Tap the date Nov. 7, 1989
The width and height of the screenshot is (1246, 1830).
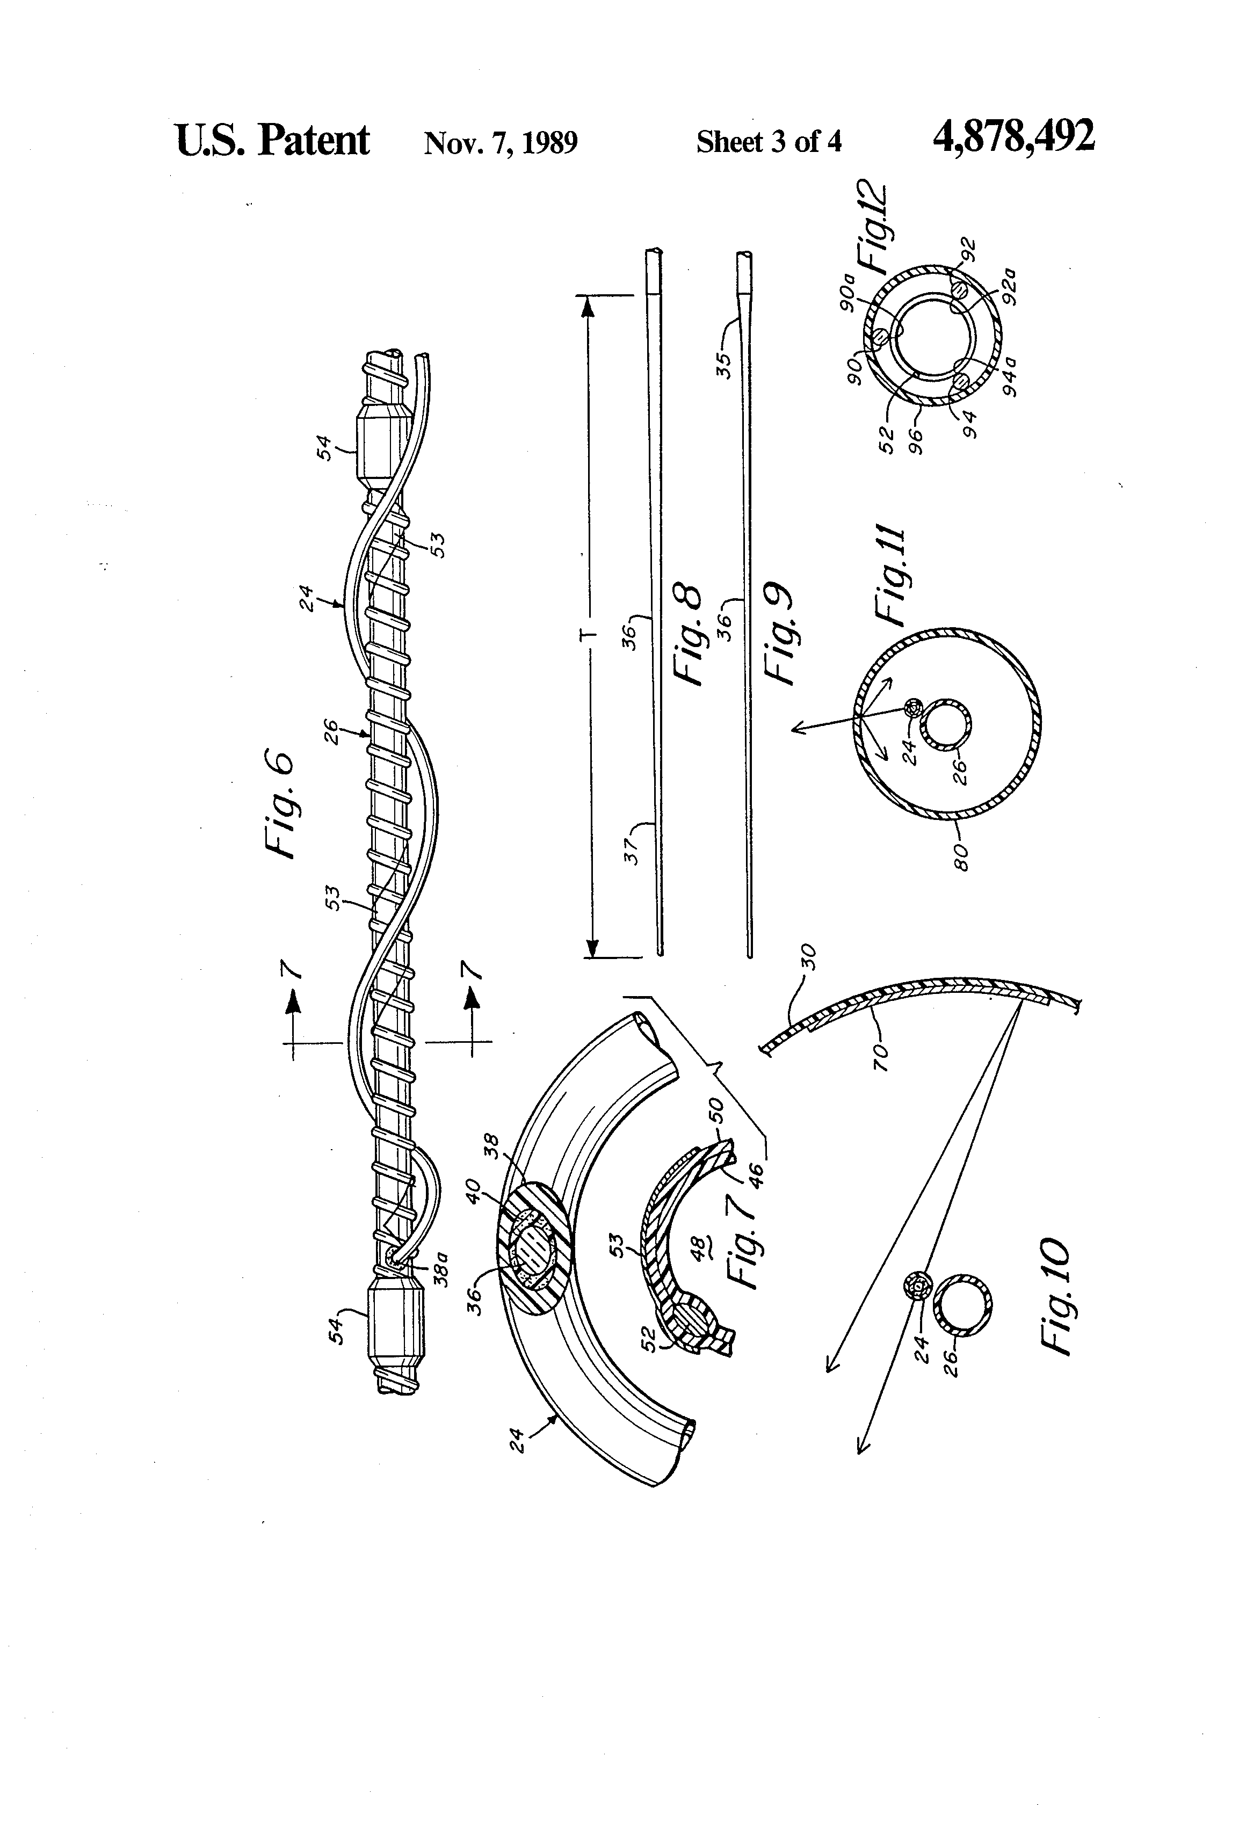pyautogui.click(x=501, y=142)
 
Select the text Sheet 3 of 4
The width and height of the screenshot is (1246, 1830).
pyautogui.click(x=769, y=142)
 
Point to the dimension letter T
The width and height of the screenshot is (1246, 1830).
pyautogui.click(x=593, y=633)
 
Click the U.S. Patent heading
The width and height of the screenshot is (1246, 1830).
pyautogui.click(x=272, y=140)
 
